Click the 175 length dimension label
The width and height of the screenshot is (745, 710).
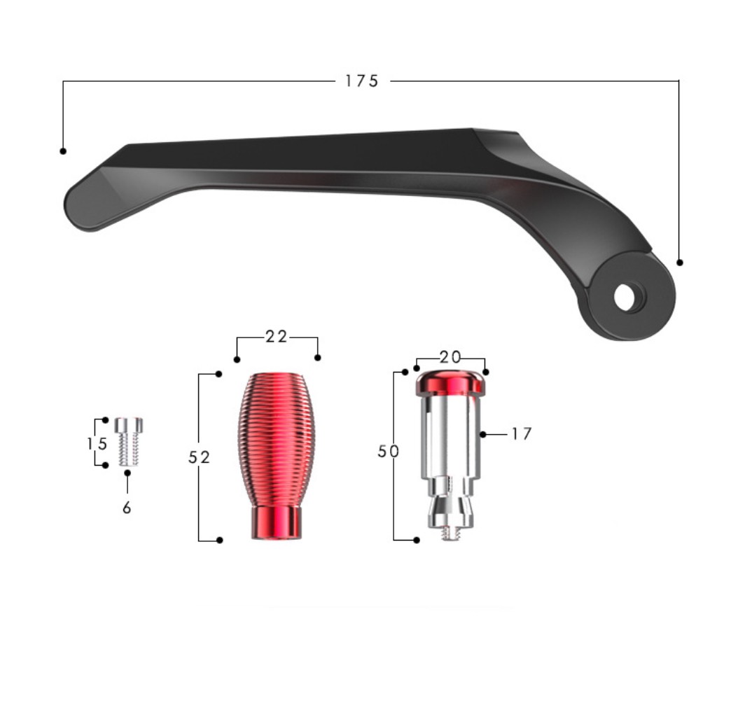click(x=361, y=81)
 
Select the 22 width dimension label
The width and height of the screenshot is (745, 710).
click(x=277, y=337)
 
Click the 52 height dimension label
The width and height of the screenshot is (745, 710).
click(x=199, y=458)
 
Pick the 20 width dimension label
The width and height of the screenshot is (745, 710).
click(x=450, y=357)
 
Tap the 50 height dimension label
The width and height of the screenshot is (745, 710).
click(x=388, y=452)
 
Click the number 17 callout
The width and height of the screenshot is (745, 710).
click(x=521, y=434)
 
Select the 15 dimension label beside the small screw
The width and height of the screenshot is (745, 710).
click(x=97, y=444)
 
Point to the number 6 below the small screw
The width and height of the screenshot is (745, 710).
click(x=126, y=508)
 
